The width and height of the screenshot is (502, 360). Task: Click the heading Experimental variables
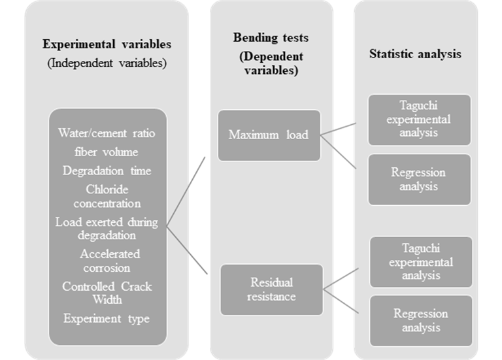(107, 44)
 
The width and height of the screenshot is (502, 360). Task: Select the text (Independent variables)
(107, 63)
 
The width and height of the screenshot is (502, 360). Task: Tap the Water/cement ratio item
(107, 133)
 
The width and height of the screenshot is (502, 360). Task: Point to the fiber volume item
(107, 152)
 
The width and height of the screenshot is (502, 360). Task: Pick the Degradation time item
(107, 171)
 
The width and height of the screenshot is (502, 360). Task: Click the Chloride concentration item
(107, 196)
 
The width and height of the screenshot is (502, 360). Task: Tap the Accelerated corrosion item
(107, 260)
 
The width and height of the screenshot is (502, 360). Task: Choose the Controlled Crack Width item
(107, 293)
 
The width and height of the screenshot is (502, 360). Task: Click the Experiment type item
(107, 319)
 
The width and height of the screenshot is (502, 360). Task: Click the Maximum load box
(269, 135)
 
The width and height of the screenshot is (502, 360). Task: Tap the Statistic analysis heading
(415, 54)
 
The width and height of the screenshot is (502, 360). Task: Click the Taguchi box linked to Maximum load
(419, 120)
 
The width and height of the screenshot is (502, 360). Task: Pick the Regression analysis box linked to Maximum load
(419, 179)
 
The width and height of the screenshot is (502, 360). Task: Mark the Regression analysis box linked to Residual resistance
(421, 319)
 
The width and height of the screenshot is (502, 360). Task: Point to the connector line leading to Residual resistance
(190, 252)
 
